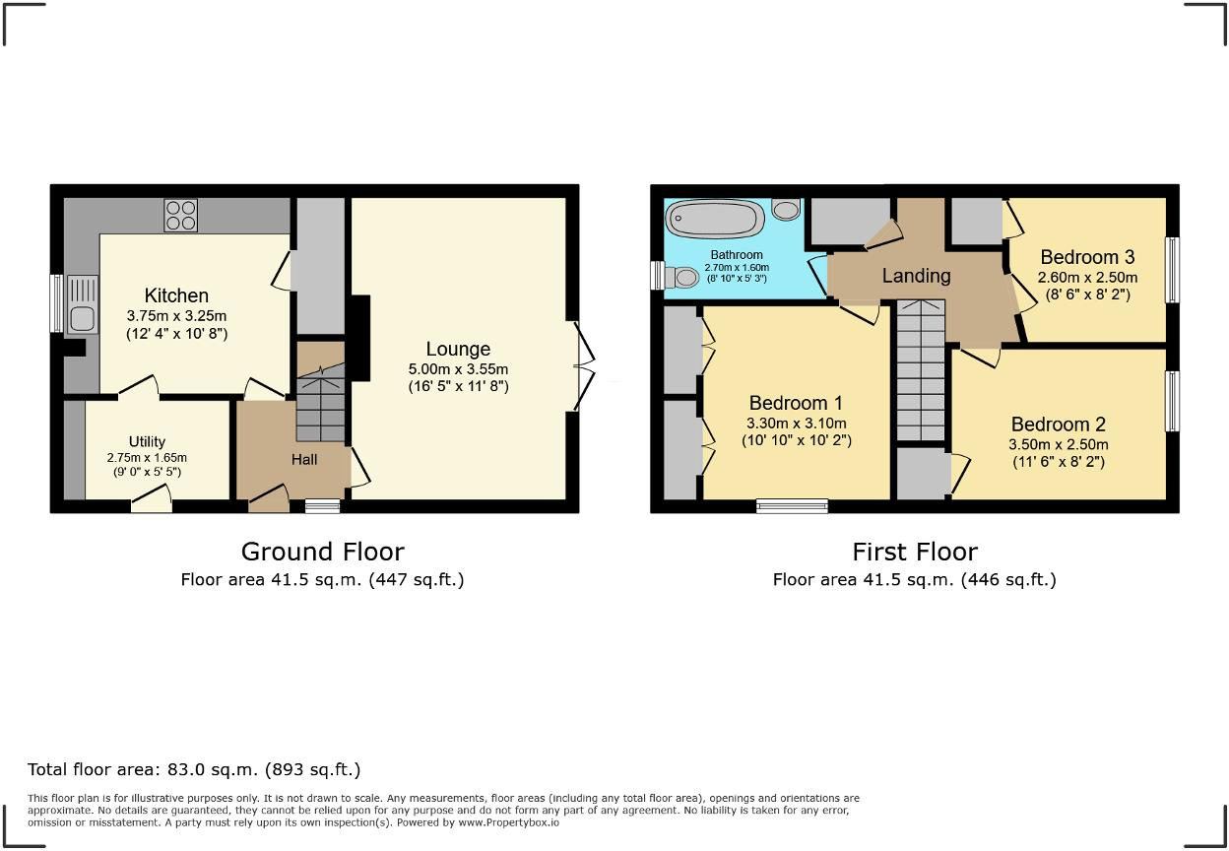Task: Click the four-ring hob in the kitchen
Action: point(180,215)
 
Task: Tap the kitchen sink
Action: point(83,304)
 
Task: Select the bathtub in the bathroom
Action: point(714,219)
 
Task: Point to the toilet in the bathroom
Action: point(680,277)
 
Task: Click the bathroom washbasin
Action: point(786,210)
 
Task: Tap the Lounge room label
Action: point(458,349)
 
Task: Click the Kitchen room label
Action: point(176,295)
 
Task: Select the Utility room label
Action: point(147,441)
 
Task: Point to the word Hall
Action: point(304,459)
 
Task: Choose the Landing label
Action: point(916,276)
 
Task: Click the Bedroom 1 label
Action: point(796,403)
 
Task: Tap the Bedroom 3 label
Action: point(1087,257)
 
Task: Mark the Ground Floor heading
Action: point(323,552)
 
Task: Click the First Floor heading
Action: point(915,552)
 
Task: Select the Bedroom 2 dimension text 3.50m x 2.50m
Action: point(1059,444)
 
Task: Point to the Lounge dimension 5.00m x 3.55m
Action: point(458,369)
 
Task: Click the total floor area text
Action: point(194,770)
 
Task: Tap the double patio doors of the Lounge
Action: point(583,366)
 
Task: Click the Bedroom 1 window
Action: point(792,506)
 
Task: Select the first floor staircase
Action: point(921,369)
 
